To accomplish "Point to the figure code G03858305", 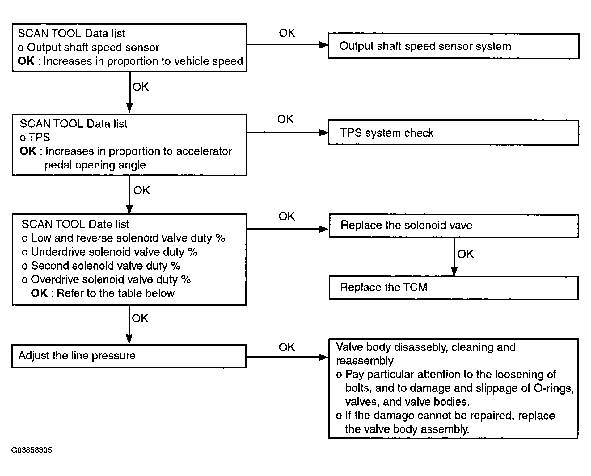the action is (x=32, y=450).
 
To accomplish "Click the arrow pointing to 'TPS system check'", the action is (x=287, y=133).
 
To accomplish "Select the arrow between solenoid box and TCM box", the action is (x=454, y=257).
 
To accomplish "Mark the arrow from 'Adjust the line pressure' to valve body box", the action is (x=287, y=357).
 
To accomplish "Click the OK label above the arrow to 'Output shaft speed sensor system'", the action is (x=287, y=33).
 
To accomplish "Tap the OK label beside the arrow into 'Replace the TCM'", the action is (x=466, y=254).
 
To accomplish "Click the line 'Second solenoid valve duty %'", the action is (x=101, y=266).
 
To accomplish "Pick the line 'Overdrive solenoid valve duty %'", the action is (x=106, y=279).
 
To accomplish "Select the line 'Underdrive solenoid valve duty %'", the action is (x=110, y=252).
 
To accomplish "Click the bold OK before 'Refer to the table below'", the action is (x=39, y=293).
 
